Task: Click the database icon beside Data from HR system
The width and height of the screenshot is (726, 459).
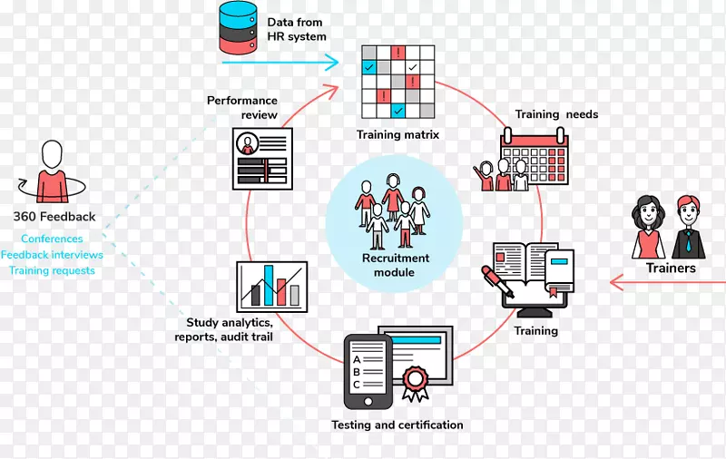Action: pos(238,28)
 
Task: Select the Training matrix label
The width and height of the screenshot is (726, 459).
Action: pos(397,135)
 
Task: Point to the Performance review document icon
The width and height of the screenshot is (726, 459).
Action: pos(264,158)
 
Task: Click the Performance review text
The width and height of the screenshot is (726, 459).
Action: pos(242,108)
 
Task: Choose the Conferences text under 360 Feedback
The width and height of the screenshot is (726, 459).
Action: pos(52,239)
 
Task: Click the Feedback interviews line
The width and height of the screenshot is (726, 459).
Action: pos(52,255)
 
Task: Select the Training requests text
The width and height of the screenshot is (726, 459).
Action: pos(52,270)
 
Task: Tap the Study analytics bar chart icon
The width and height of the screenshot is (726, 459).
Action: pos(271,286)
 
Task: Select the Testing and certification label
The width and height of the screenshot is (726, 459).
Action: pos(397,425)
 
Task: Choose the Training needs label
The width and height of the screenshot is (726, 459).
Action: pos(556,115)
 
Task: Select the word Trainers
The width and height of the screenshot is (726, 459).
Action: pos(671,269)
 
